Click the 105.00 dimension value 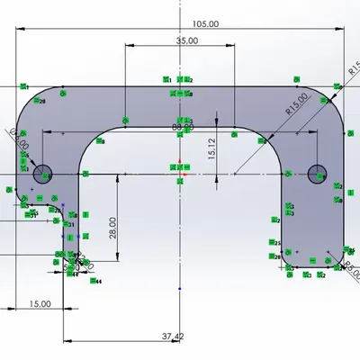coord(204,24)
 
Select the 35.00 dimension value coord(187,41)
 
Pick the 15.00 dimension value coord(40,304)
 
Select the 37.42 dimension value coord(173,336)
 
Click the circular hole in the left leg coord(43,175)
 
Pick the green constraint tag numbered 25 coord(277,244)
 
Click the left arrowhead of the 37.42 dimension coord(67,341)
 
